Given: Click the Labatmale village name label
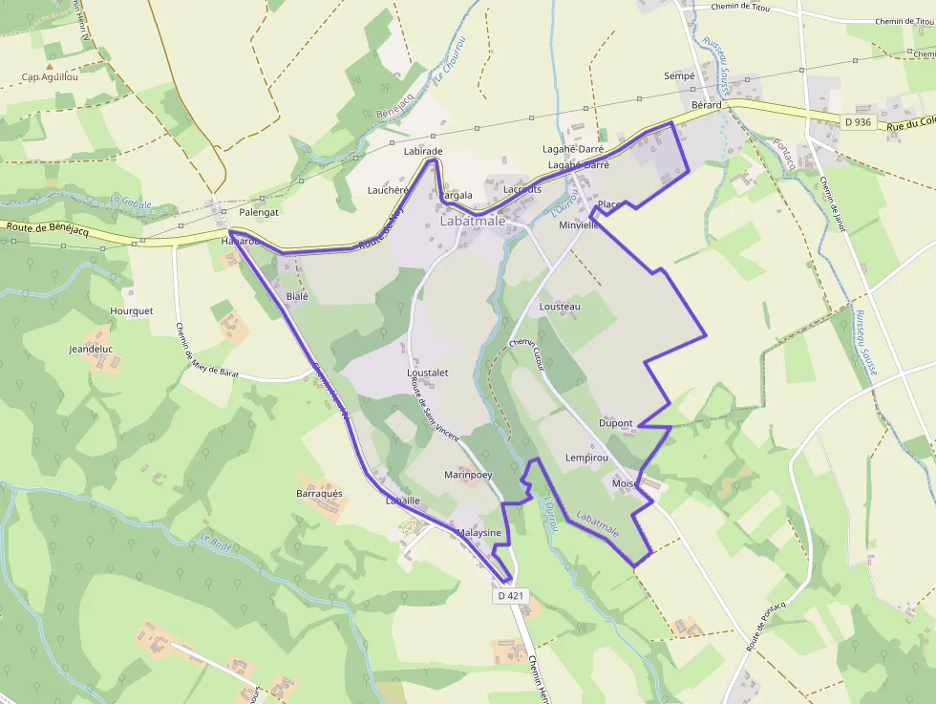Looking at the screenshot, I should pos(472,221).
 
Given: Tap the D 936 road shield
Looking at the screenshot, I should pos(858,122).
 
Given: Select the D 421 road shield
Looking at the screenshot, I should pos(511,596).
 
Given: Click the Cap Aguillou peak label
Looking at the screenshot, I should pos(50,77).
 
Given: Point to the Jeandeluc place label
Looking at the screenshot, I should pos(91,349).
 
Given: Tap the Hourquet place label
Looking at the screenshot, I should pos(131,311).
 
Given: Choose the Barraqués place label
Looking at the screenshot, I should pos(319,494).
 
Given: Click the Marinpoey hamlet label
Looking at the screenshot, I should pos(468,475).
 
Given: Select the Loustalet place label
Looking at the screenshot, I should pos(427,373).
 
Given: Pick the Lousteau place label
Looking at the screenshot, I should pos(560,307).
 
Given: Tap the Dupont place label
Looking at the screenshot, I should pos(615,423).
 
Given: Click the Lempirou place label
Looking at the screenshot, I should pos(586,459).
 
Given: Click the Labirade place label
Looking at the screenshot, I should pos(423,152).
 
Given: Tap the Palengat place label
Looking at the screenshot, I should pos(259,212).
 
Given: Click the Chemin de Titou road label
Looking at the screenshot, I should pos(740,9).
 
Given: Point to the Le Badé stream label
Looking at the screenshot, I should pos(217,543).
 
